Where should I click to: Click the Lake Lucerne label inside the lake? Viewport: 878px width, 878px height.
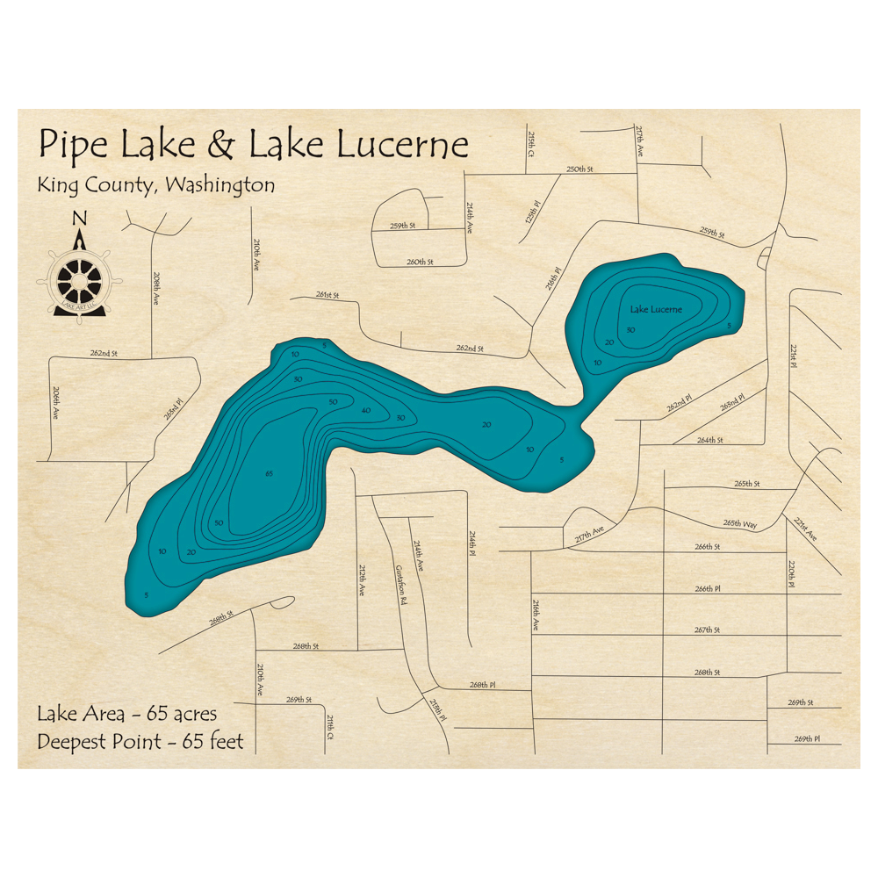pyautogui.click(x=656, y=309)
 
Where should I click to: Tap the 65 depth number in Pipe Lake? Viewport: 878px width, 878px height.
pyautogui.click(x=269, y=474)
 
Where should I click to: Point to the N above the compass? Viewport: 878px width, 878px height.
pyautogui.click(x=80, y=219)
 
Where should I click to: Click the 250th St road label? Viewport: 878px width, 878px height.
pyautogui.click(x=579, y=169)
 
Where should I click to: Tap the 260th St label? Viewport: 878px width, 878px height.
pyautogui.click(x=421, y=262)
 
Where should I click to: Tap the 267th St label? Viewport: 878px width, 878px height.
pyautogui.click(x=707, y=630)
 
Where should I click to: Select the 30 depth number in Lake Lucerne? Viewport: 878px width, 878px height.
pyautogui.click(x=630, y=330)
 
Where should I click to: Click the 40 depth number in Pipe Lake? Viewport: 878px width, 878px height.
pyautogui.click(x=365, y=410)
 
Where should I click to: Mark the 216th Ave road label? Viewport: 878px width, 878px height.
pyautogui.click(x=534, y=615)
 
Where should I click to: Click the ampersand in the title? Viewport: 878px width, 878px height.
pyautogui.click(x=223, y=146)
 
